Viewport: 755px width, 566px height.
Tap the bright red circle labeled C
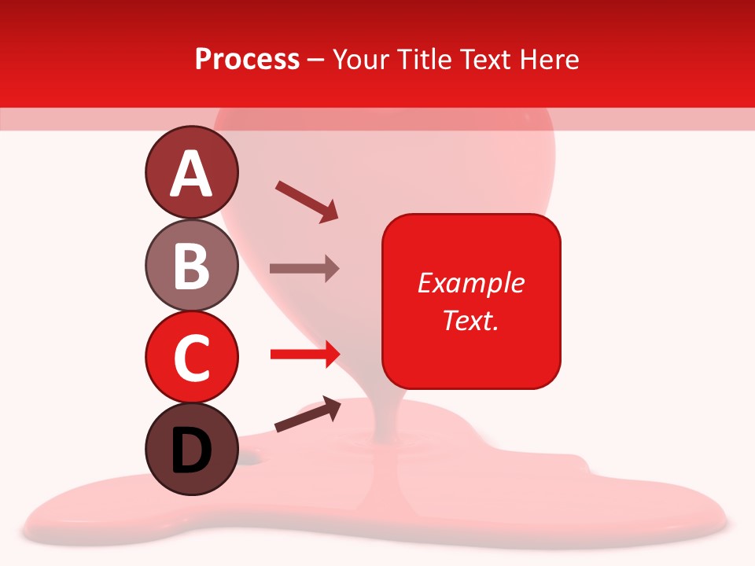tap(191, 357)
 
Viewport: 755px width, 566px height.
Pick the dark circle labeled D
tap(191, 449)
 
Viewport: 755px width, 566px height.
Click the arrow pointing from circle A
tap(307, 201)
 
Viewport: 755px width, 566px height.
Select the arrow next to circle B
tap(304, 269)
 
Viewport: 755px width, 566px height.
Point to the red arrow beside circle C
tap(304, 355)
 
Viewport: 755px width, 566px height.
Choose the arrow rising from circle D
tap(308, 415)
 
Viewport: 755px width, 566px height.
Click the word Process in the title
tap(247, 60)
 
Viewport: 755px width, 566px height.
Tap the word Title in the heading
tap(426, 60)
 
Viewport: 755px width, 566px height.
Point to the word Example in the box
tap(470, 283)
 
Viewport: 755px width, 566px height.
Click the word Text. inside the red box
tap(470, 320)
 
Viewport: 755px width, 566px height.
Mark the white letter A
tap(191, 174)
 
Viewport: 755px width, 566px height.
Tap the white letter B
tap(191, 266)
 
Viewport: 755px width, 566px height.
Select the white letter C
tap(191, 358)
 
